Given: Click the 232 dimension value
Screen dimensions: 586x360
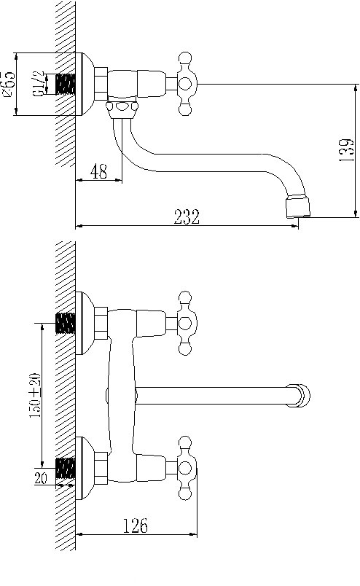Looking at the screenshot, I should coord(187,216).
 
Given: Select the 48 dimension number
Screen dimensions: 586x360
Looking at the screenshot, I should coord(98,172).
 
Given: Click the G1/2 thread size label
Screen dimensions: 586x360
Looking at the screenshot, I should coord(37,83).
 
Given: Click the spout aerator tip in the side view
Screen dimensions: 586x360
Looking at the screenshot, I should coord(297,206).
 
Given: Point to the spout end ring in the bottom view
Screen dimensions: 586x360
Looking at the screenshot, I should coord(300,395).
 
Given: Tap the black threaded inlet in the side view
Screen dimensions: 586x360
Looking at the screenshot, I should coord(66,84).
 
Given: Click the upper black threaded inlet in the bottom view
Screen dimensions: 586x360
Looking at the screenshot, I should coord(66,322).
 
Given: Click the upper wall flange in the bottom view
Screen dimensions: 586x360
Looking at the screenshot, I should coord(85,322).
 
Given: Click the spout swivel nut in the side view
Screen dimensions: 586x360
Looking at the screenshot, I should coord(121,109).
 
